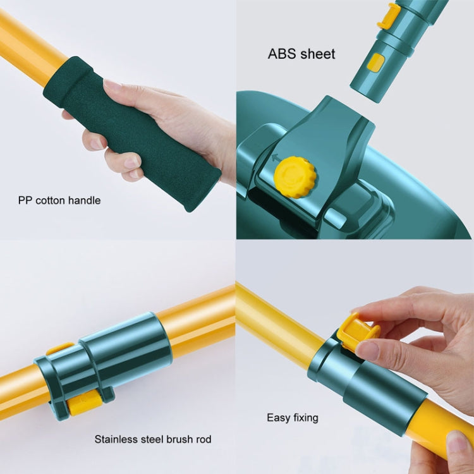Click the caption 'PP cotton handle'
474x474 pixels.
(x=59, y=200)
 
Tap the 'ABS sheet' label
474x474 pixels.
(x=301, y=54)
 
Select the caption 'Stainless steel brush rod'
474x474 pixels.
(x=153, y=439)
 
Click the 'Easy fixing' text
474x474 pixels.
(x=292, y=417)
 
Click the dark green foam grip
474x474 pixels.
(x=133, y=133)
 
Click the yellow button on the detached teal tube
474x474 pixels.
(x=375, y=63)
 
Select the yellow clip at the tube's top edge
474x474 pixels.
(x=388, y=16)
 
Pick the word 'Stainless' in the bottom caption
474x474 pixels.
(x=115, y=439)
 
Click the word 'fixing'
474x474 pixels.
(x=303, y=417)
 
